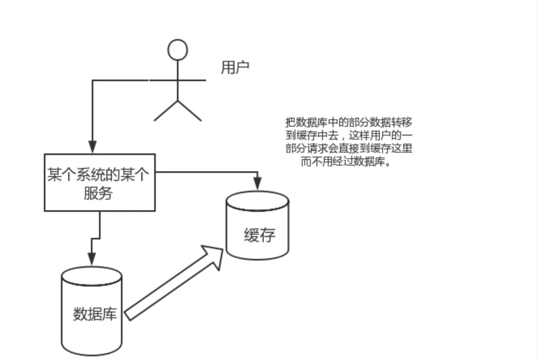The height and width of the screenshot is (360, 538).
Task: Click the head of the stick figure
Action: click(x=177, y=50)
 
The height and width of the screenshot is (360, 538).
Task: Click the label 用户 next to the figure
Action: click(x=235, y=67)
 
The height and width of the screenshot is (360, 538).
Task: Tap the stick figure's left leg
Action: click(x=166, y=111)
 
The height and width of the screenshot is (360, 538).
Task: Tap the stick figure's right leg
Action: click(x=189, y=111)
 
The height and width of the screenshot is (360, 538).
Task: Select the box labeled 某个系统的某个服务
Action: click(x=99, y=182)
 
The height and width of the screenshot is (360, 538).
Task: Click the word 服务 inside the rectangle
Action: click(x=98, y=194)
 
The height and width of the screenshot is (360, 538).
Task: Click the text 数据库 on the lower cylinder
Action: click(x=95, y=314)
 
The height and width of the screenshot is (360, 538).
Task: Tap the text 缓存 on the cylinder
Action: click(x=260, y=235)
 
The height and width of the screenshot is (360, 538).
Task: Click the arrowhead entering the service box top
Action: click(x=93, y=147)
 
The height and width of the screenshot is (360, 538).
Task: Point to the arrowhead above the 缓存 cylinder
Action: click(x=257, y=183)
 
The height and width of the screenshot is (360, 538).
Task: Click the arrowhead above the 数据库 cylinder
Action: click(x=92, y=259)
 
